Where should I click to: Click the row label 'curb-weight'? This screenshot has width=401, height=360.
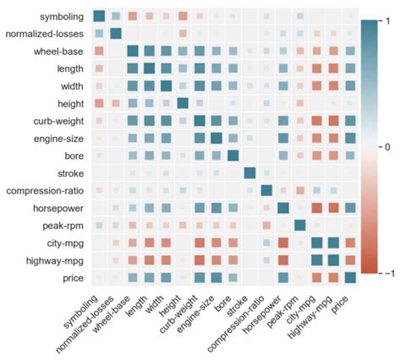pyautogui.click(x=56, y=121)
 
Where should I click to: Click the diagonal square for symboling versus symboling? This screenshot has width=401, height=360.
pyautogui.click(x=99, y=16)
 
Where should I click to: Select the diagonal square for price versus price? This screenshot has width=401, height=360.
pyautogui.click(x=349, y=277)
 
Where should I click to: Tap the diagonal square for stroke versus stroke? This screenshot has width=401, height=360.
pyautogui.click(x=249, y=172)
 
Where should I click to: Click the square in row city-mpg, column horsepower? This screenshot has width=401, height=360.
pyautogui.click(x=283, y=243)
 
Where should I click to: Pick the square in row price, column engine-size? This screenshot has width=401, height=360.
pyautogui.click(x=216, y=277)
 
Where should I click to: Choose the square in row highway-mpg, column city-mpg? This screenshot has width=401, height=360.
pyautogui.click(x=316, y=259)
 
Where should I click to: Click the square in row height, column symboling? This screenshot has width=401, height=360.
pyautogui.click(x=99, y=103)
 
